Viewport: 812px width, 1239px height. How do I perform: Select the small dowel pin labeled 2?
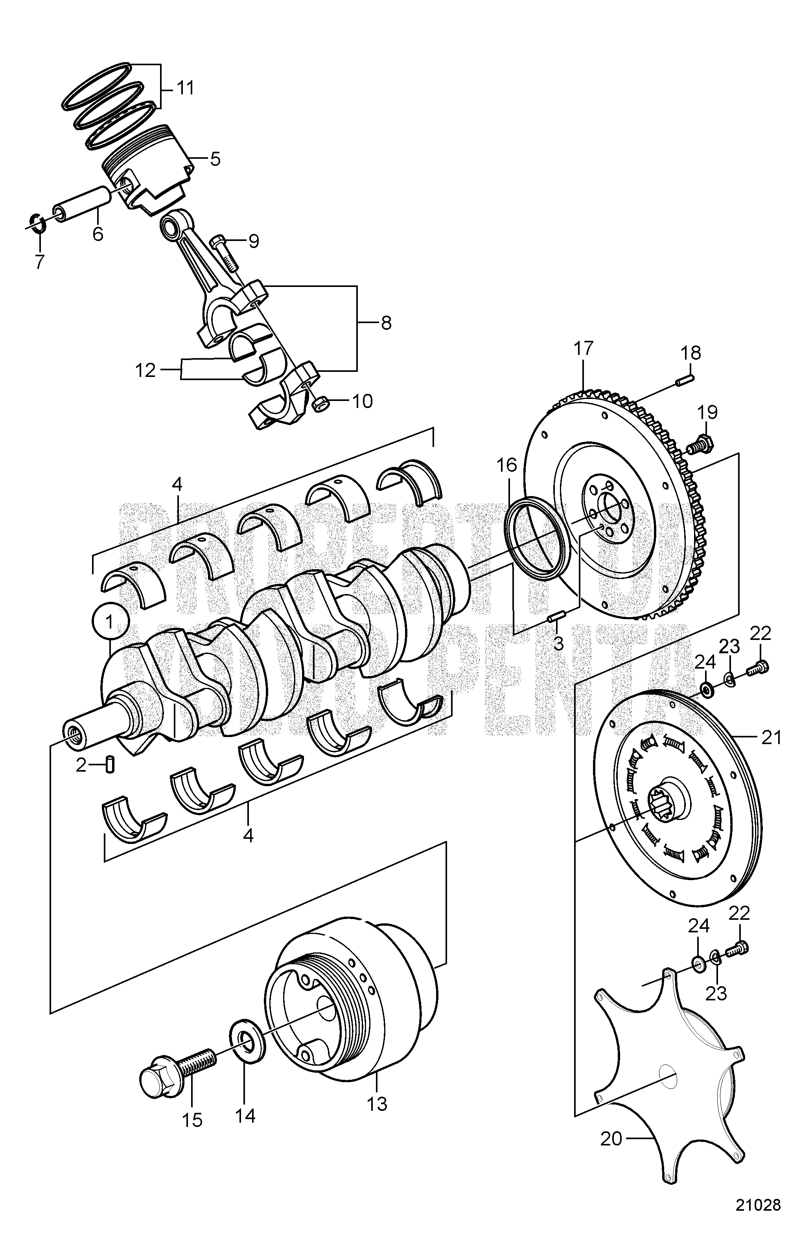coord(110,766)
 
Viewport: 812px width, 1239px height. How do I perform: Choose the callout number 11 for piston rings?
coord(183,88)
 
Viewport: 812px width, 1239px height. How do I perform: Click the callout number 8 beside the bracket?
coord(385,323)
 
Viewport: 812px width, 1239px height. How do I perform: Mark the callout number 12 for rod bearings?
coord(145,370)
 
